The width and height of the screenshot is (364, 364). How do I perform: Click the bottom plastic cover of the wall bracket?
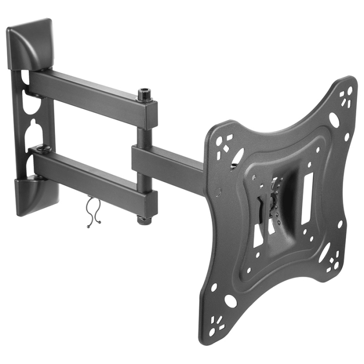tap(34, 194)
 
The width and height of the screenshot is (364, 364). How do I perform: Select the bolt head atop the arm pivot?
tap(144, 96)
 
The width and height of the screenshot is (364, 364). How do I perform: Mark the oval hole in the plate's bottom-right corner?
tap(324, 252)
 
